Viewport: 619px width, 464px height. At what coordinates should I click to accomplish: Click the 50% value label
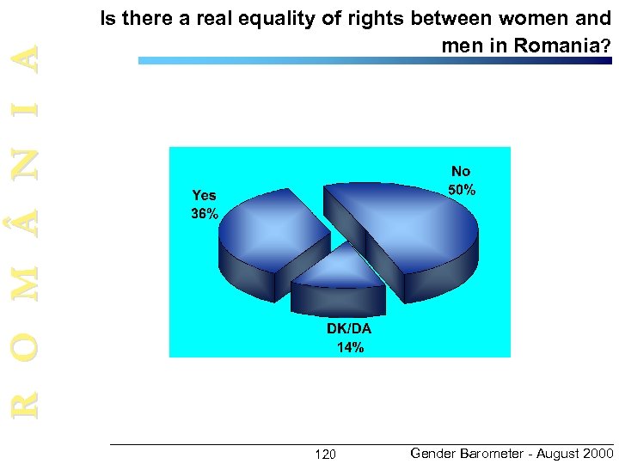[462, 190]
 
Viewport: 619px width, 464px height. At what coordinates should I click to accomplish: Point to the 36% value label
[205, 215]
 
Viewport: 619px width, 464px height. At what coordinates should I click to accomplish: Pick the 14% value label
[350, 348]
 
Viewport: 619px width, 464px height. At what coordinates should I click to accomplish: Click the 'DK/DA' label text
[349, 330]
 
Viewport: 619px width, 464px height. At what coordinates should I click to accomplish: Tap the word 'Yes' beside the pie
[205, 196]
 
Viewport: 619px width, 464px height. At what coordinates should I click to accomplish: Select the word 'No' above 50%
[462, 172]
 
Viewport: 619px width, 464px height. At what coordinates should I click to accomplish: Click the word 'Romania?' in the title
[562, 46]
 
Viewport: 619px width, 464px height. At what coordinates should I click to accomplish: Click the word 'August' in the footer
[557, 454]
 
